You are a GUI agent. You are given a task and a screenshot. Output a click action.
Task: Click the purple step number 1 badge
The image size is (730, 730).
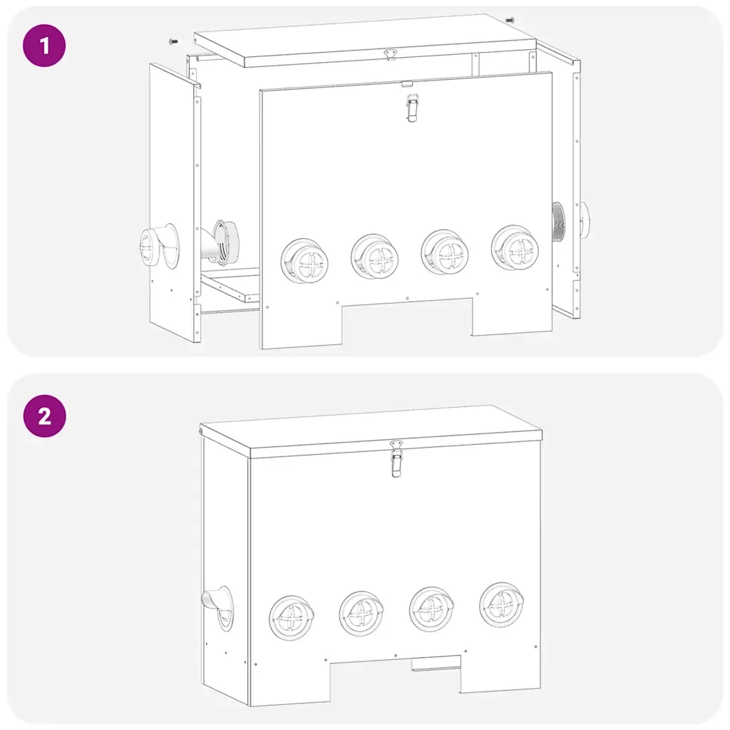(x=44, y=46)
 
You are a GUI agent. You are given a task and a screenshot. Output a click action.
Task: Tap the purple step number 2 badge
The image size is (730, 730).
(x=44, y=416)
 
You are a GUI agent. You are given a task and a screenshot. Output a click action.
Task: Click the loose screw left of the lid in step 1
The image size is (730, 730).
(x=173, y=42)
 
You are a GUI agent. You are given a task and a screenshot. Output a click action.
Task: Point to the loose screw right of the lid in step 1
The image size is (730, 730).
(x=510, y=21)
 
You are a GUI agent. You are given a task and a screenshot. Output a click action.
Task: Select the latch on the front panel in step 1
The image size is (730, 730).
(x=412, y=108)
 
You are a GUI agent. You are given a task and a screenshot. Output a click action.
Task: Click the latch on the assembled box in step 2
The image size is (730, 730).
(x=396, y=458)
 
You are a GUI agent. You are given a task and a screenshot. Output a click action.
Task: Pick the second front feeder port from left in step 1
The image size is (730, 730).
(x=375, y=257)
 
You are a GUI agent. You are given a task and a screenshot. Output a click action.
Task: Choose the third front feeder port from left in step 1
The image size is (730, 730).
(x=445, y=252)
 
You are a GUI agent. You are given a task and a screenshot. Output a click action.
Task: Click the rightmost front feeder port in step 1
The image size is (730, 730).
(x=515, y=247)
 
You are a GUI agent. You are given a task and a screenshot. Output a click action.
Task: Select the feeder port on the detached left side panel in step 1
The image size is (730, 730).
(x=159, y=246)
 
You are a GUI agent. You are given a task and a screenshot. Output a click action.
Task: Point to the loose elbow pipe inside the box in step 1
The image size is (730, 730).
(x=219, y=242)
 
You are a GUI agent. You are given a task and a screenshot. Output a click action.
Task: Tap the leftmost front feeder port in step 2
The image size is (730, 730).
(x=292, y=617)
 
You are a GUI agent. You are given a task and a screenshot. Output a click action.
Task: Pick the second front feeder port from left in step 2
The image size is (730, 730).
(x=361, y=613)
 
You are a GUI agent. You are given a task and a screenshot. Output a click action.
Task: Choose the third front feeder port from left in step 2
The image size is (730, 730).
(x=431, y=609)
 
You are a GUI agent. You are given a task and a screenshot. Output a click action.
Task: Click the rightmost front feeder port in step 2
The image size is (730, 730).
(x=502, y=605)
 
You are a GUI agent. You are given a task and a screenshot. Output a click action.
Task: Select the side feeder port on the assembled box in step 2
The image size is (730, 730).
(x=219, y=607)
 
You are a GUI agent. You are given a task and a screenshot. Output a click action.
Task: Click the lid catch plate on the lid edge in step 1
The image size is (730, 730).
(x=390, y=55)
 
